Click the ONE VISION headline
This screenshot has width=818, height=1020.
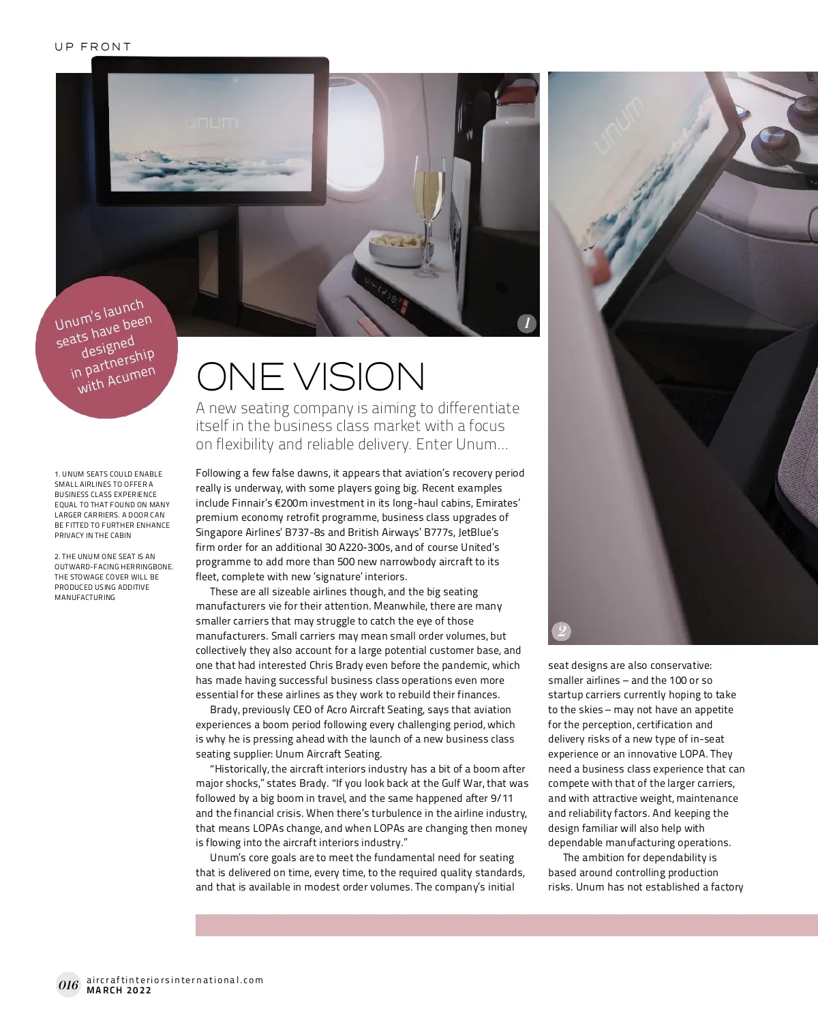pyautogui.click(x=310, y=376)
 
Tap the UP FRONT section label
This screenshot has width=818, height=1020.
pyautogui.click(x=93, y=46)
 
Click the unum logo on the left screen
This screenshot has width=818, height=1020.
pyautogui.click(x=211, y=123)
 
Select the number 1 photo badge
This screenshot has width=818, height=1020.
pyautogui.click(x=526, y=323)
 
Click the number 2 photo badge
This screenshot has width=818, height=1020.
pyautogui.click(x=561, y=631)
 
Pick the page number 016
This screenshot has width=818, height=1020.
pyautogui.click(x=68, y=985)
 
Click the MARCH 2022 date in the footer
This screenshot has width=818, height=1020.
pyautogui.click(x=119, y=991)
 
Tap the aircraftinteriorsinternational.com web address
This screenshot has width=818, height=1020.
pyautogui.click(x=175, y=980)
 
